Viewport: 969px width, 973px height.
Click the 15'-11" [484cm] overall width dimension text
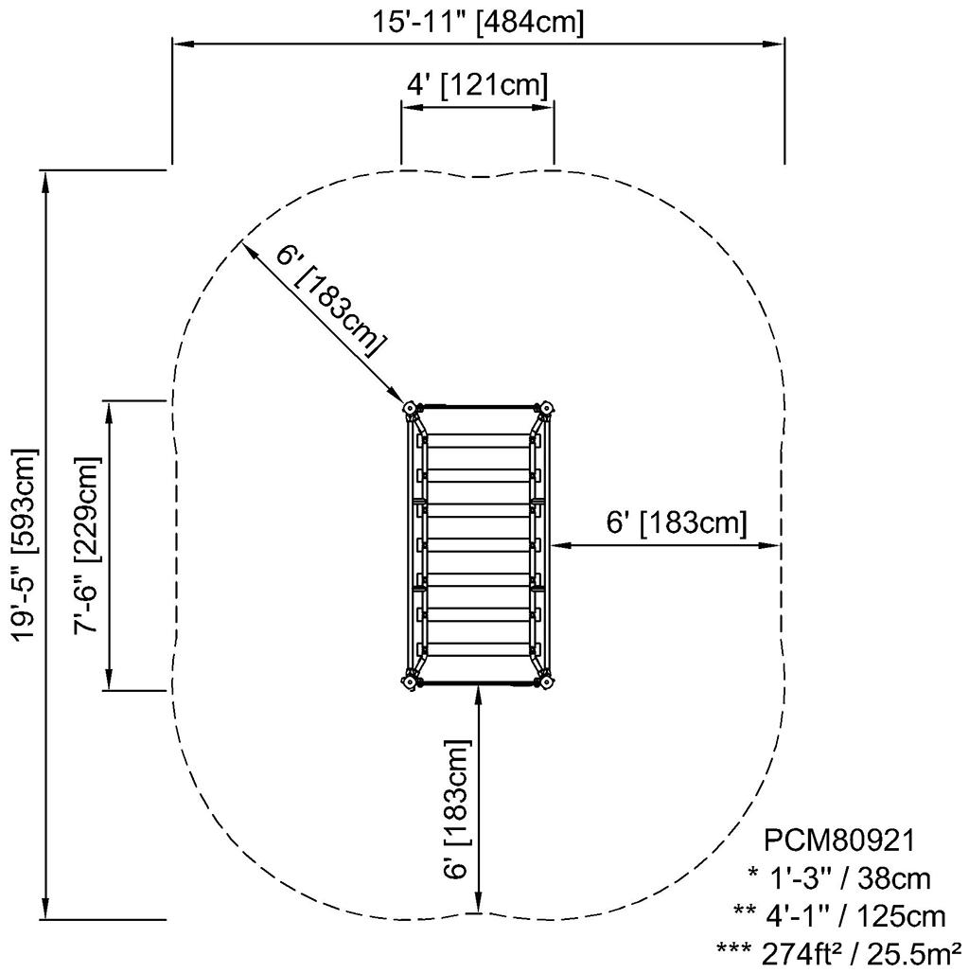tap(477, 21)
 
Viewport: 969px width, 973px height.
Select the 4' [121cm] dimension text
tap(477, 84)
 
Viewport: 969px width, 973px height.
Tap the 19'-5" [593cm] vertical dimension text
tap(26, 544)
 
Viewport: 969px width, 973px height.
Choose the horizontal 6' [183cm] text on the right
tap(677, 522)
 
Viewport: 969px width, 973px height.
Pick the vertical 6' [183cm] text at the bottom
tap(457, 809)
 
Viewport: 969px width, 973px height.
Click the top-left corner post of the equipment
tap(411, 409)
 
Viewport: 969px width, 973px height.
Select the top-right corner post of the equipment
tap(545, 409)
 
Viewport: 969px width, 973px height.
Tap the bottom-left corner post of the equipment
tap(411, 681)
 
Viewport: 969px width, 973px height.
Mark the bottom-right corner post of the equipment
tap(545, 681)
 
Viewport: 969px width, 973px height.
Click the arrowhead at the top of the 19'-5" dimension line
tap(45, 179)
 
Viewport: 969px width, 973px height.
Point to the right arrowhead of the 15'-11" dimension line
tap(775, 43)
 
